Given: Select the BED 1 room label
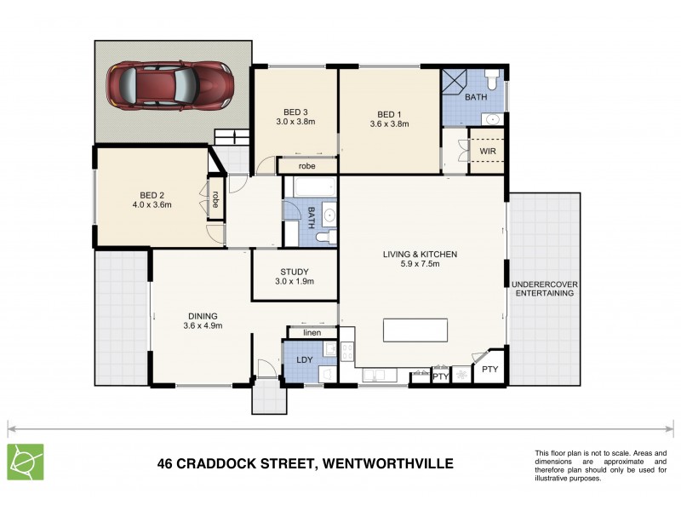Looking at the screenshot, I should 389,114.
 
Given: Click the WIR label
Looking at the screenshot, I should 488,152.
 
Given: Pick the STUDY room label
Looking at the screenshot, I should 295,273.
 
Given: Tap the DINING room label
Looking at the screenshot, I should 202,314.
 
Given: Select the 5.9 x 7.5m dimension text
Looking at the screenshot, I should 419,264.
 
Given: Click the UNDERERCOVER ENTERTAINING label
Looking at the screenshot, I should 545,288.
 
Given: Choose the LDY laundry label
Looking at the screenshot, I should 305,360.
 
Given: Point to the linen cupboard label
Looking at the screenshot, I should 312,332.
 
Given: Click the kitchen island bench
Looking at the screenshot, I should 415,330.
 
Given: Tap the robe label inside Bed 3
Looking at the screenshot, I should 306,166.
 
